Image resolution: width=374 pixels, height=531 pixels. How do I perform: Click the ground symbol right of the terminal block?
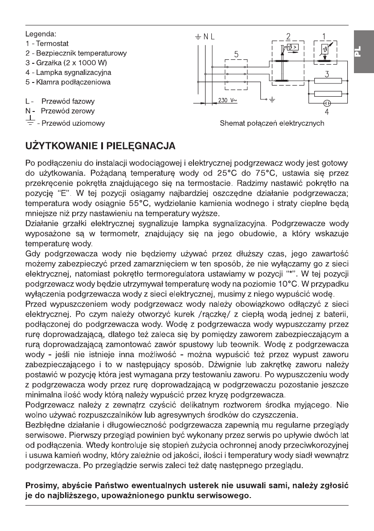point(273,100)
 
